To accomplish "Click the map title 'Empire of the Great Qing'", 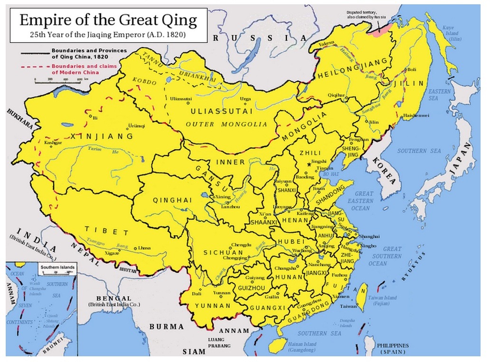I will coord(108,21).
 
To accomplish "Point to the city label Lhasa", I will coord(144,248).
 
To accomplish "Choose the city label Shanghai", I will coord(369,236).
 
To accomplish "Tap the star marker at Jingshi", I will coord(309,164).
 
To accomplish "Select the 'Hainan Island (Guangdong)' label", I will coord(302,347).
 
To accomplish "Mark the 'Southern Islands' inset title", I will coord(57,267).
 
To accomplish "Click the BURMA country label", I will coord(166,327).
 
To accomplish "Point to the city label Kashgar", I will coord(53,143).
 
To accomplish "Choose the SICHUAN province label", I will coord(223,252).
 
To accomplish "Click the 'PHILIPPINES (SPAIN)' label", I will coord(393,349).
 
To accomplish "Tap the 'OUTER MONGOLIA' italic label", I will coord(227,124).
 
